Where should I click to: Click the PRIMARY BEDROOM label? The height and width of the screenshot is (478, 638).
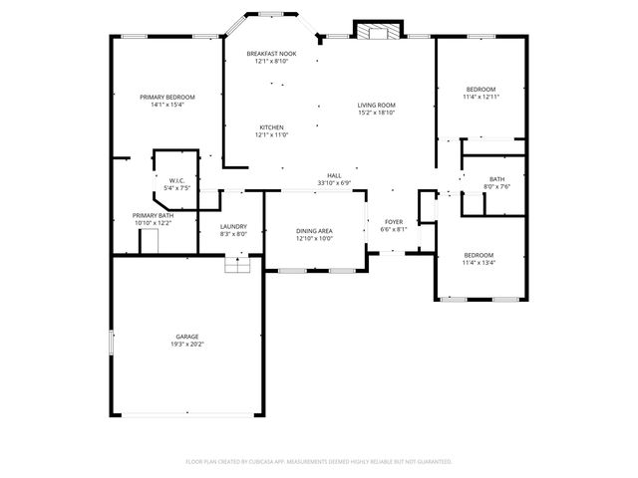click(166, 97)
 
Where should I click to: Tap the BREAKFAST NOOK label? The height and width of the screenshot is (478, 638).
click(271, 53)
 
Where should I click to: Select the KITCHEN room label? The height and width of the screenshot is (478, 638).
click(272, 127)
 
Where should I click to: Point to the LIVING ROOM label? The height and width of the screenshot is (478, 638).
click(377, 105)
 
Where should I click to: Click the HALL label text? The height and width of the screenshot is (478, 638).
click(334, 175)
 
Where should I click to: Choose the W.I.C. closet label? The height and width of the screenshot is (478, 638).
click(176, 180)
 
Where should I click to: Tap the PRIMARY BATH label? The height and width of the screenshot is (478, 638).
click(153, 215)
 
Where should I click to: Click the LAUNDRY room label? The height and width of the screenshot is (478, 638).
click(232, 225)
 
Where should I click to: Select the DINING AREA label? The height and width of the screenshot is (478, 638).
click(314, 231)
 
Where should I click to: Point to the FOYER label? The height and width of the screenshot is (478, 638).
click(394, 221)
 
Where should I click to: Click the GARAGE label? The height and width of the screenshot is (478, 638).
click(186, 337)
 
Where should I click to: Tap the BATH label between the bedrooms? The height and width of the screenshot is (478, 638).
click(496, 179)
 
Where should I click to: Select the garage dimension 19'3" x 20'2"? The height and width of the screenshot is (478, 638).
click(186, 345)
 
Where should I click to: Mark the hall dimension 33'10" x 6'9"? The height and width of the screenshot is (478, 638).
click(334, 183)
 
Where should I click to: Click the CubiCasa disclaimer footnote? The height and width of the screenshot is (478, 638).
click(319, 462)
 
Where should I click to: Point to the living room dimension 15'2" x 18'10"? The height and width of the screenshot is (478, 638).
click(377, 113)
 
